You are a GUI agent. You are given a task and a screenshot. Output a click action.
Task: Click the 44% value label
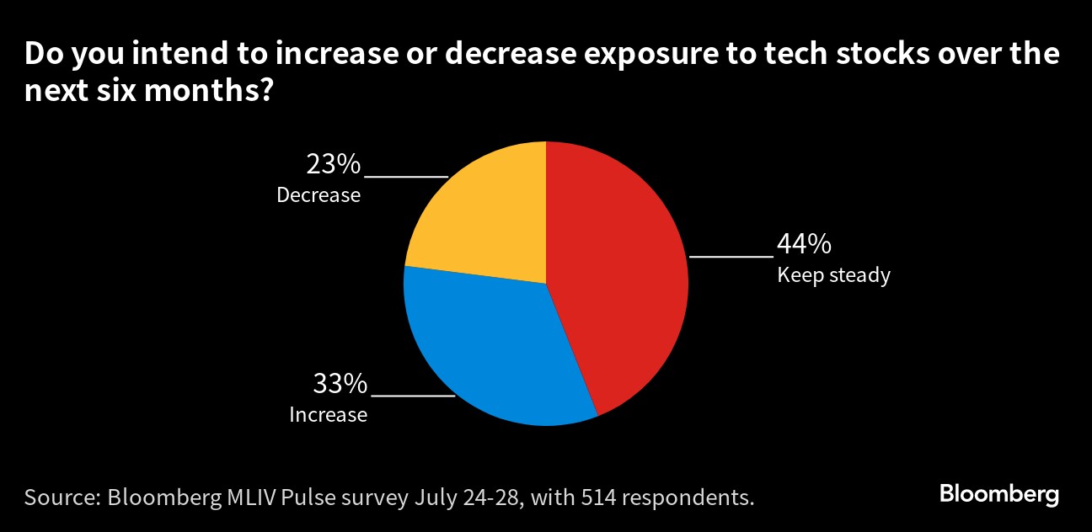point(804,245)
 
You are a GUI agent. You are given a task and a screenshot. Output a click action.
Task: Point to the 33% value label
point(340,385)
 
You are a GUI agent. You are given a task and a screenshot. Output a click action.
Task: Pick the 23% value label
point(334,164)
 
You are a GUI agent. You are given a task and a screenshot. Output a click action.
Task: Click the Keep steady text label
point(833,275)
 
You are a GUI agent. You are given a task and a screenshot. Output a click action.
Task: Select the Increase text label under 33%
point(329,415)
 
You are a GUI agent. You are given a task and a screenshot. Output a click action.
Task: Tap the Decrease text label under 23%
point(318,195)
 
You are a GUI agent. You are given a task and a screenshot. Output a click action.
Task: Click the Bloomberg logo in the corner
point(999,494)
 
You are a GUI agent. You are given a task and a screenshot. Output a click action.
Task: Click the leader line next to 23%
point(405,177)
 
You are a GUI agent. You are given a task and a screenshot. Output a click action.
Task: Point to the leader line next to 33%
point(413,395)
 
